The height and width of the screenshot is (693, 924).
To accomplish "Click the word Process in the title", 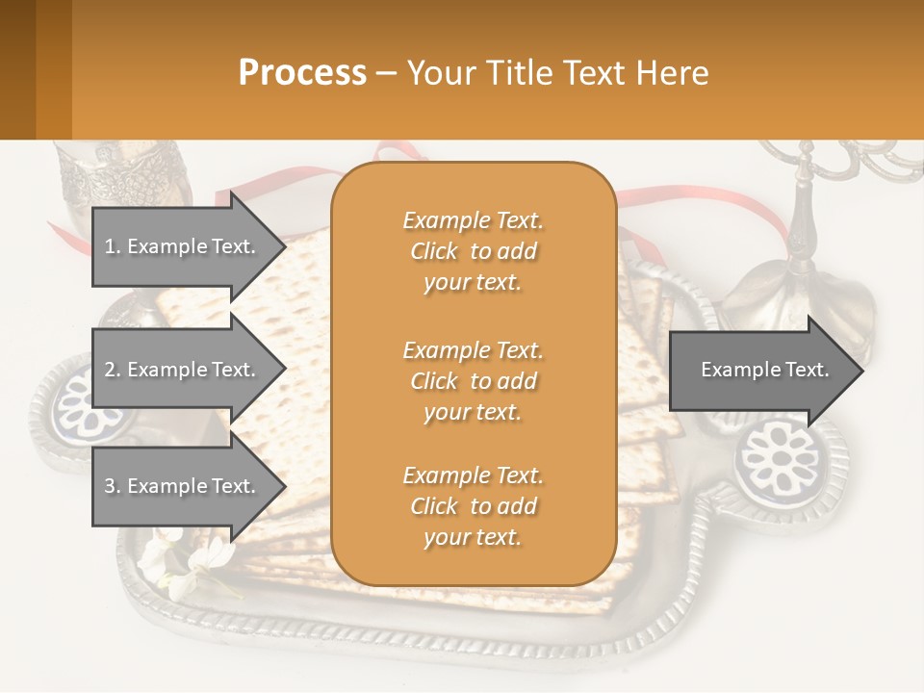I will (302, 73).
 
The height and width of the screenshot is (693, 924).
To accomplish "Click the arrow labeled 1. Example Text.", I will (183, 246).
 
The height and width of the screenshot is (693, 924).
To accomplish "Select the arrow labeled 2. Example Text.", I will (183, 370).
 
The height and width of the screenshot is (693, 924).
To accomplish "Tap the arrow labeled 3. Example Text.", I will (183, 486).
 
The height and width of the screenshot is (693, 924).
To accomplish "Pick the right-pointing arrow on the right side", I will (765, 370).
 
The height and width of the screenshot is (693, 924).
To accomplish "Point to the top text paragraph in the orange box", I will (473, 251).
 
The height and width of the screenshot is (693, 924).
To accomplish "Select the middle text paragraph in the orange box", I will (473, 381).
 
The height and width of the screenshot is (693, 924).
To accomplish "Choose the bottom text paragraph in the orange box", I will (473, 506).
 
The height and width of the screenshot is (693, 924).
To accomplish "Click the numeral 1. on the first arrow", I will (112, 246).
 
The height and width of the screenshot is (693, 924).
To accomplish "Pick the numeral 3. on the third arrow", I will (112, 486).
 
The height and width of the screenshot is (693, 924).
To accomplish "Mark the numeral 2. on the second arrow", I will (112, 370).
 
